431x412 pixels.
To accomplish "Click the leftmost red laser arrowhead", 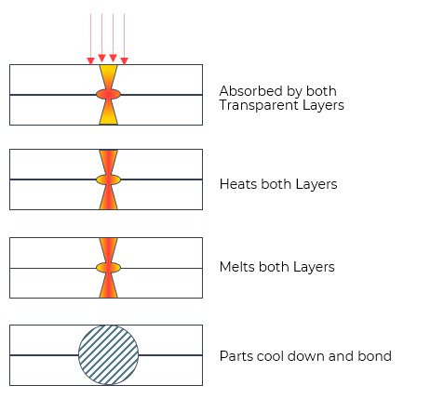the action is pos(90,60).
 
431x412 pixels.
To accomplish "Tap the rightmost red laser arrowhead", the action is pos(124,60).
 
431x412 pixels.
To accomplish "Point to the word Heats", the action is pos(238,184).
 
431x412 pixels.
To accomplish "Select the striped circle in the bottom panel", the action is pos(108,355).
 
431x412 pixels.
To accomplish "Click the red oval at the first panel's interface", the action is pos(108,94).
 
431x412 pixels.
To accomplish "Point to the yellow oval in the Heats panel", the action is pos(108,179).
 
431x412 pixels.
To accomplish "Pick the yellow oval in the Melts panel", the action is pos(108,268).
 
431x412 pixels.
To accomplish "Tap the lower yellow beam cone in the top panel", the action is pos(108,112).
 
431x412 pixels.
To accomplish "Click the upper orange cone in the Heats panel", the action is pos(108,162).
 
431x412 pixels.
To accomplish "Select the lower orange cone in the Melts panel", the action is pos(108,285).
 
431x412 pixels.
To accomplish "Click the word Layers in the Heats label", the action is pos(317,184).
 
